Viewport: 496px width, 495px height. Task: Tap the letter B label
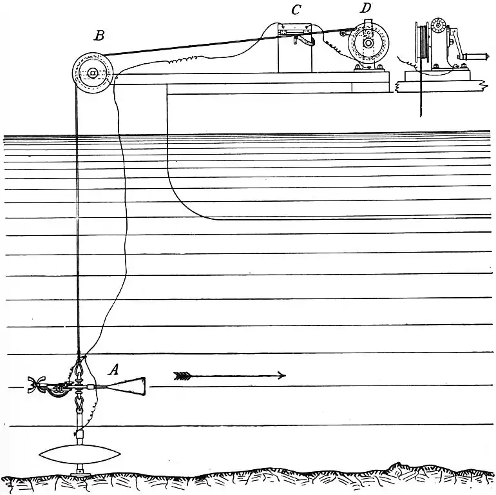(x=99, y=35)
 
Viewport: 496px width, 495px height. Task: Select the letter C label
(x=296, y=10)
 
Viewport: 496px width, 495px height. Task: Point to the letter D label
(x=366, y=8)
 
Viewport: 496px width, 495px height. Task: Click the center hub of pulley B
(x=93, y=73)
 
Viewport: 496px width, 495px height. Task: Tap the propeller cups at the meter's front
(x=33, y=385)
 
